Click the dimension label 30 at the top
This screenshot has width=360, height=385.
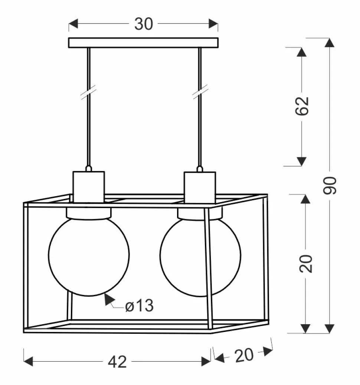144,24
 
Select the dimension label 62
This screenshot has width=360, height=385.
302,106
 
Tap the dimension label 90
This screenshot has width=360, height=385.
330,185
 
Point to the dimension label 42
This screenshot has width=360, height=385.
117,362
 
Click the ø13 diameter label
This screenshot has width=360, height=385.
139,306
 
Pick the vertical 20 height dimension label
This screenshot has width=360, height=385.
306,264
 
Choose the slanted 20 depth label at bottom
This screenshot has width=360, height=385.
243,355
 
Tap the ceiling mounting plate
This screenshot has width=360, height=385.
143,43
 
